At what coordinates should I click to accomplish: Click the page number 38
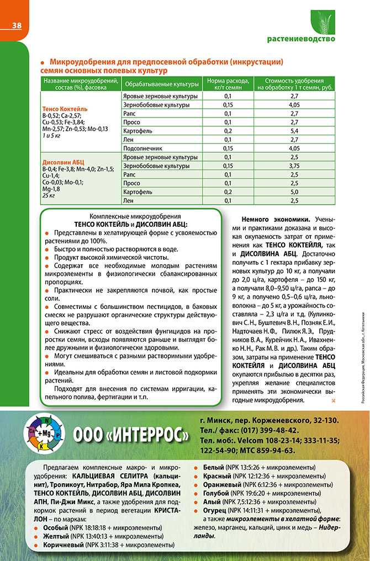[x=17, y=25]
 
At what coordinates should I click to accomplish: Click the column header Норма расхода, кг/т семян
[x=228, y=84]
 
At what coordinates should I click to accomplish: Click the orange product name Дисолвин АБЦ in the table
[x=59, y=162]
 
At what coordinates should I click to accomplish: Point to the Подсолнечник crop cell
[x=142, y=148]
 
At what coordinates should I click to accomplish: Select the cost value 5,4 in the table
[x=294, y=131]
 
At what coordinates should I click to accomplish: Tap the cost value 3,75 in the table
[x=294, y=165]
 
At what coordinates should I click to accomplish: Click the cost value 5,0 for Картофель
[x=294, y=192]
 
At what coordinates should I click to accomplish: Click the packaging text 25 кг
[x=49, y=195]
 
